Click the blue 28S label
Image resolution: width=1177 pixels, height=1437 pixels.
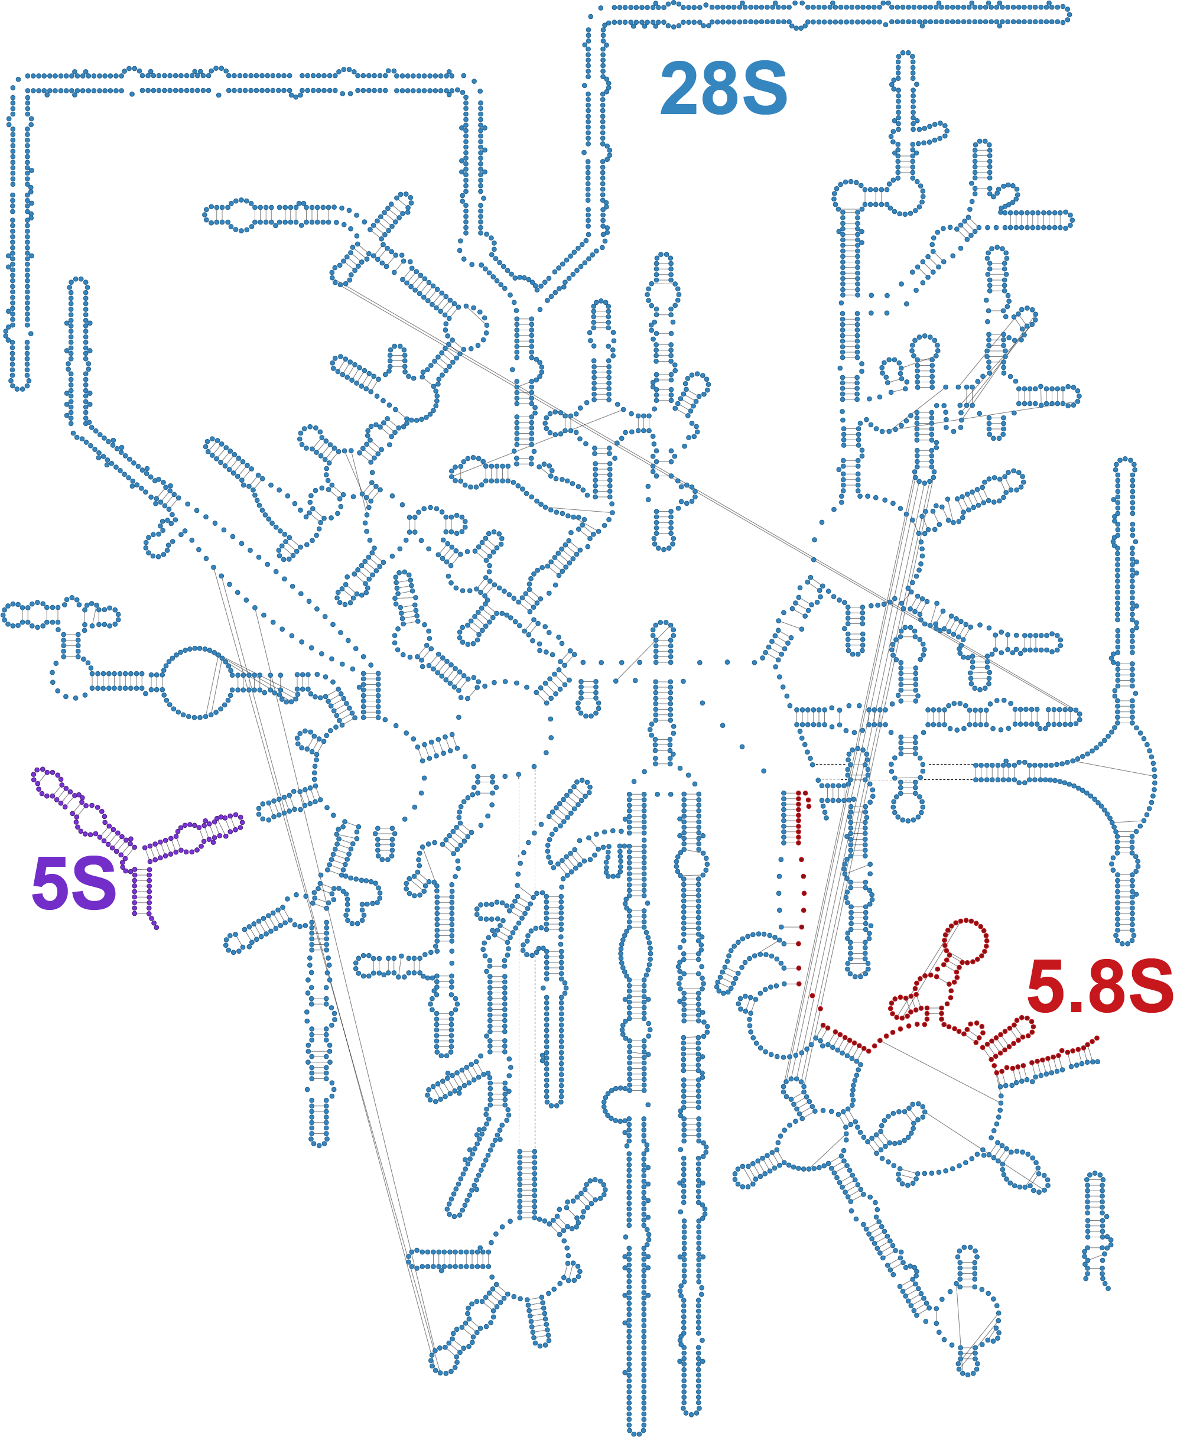[723, 88]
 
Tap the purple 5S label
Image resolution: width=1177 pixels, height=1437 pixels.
[74, 883]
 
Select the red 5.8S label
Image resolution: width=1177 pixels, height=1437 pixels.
[1100, 987]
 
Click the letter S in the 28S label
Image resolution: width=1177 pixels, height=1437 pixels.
[766, 88]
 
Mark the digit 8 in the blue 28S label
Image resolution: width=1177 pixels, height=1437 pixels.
[723, 88]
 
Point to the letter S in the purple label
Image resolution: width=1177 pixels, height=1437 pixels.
[95, 883]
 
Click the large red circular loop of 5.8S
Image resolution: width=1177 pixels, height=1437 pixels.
[965, 941]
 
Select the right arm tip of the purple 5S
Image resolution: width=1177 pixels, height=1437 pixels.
[238, 821]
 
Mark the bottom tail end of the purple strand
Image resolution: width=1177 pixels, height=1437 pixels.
[156, 926]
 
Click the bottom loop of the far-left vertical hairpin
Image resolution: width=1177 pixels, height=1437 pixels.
[20, 385]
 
